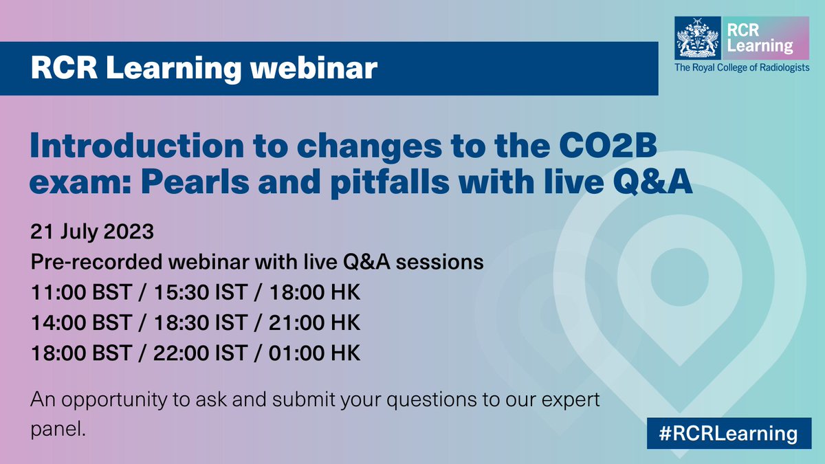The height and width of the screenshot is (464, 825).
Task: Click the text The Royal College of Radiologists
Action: [x=742, y=67]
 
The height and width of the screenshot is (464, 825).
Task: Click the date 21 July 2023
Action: [x=91, y=231]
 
